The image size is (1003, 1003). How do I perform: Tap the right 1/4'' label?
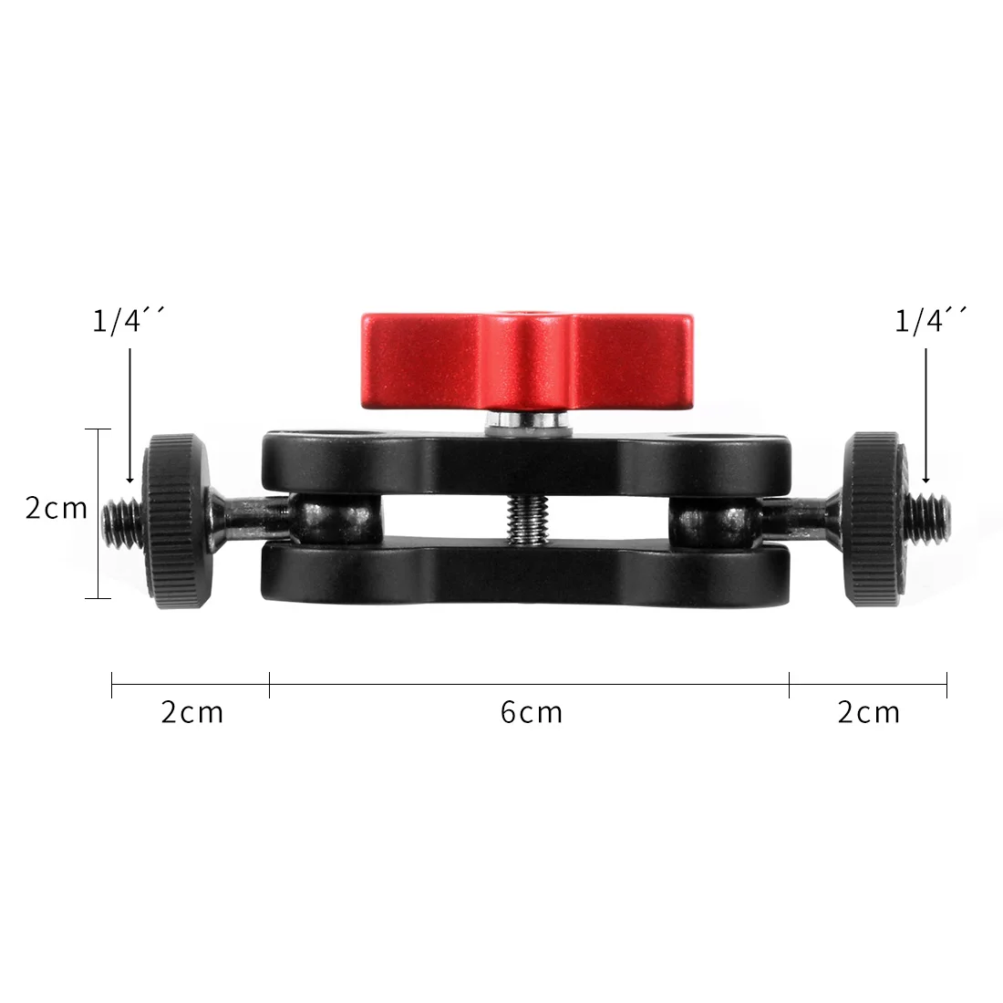pos(930,322)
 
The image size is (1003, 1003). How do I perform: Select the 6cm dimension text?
pos(532,712)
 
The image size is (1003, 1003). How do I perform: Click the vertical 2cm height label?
pos(56,508)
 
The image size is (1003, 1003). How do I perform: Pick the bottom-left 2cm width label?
pos(192,712)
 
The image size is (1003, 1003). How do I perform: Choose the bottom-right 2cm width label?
pos(869,712)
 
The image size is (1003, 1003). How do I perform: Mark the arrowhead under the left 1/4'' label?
pos(130,478)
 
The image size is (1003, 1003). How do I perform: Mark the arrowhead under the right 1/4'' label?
pos(925,478)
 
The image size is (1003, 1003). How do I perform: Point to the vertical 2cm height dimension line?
pos(98,547)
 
